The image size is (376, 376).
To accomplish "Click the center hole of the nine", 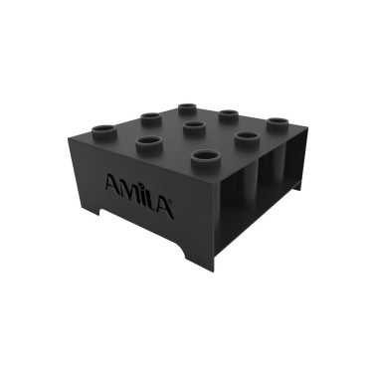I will click(192, 125).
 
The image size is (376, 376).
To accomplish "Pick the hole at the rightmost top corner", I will click(276, 123).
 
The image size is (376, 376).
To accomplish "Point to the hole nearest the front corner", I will click(204, 156).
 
